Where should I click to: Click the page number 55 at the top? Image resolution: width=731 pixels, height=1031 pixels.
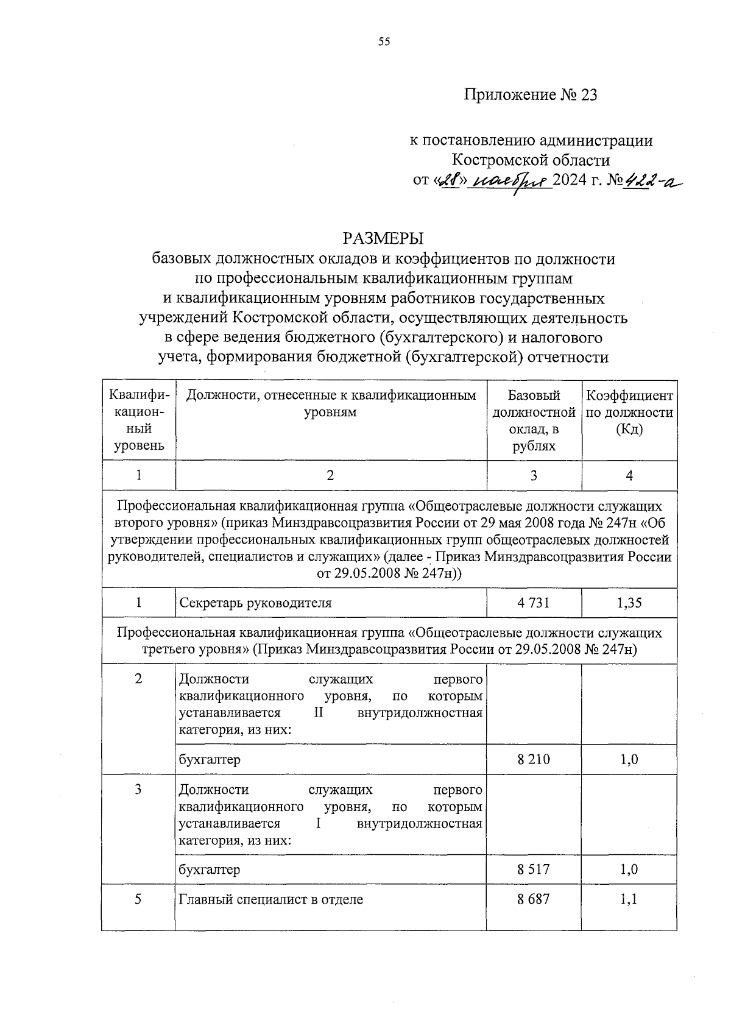(x=383, y=41)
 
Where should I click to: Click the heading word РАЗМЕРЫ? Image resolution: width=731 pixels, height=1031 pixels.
(x=383, y=238)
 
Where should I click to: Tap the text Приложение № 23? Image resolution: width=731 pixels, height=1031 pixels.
(x=531, y=95)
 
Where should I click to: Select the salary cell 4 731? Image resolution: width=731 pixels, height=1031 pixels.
(x=534, y=603)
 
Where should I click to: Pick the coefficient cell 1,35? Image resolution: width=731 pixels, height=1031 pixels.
(x=629, y=603)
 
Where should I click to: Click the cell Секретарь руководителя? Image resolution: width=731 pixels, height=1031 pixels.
(x=255, y=603)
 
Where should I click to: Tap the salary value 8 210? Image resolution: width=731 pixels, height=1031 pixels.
(x=534, y=759)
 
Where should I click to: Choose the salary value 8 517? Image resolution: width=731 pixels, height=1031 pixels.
(x=534, y=870)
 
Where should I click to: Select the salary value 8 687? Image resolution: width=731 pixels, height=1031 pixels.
(x=534, y=899)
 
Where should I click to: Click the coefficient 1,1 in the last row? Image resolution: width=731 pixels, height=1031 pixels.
(x=629, y=899)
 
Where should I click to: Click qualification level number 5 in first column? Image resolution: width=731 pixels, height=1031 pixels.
(x=138, y=899)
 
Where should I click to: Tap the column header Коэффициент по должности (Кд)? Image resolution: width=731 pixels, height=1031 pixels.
(x=629, y=413)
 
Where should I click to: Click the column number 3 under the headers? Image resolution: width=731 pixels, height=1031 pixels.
(x=534, y=476)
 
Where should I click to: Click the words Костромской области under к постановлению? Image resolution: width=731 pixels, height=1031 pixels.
(x=530, y=160)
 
